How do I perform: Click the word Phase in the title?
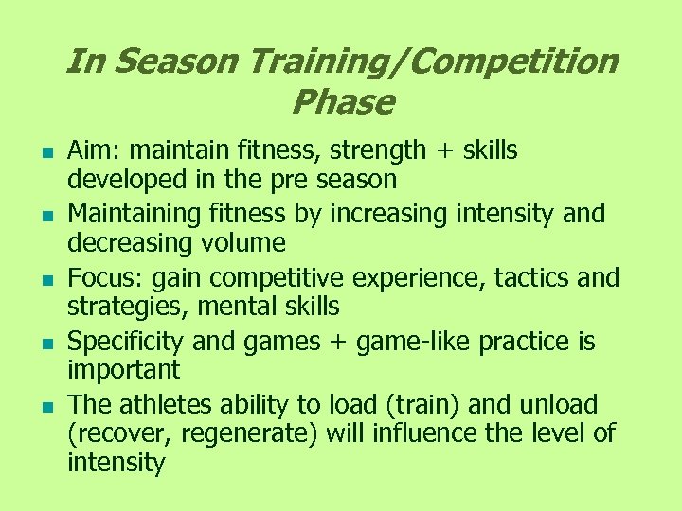coord(343,101)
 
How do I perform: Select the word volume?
coord(243,242)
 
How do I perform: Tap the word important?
coord(123,369)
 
